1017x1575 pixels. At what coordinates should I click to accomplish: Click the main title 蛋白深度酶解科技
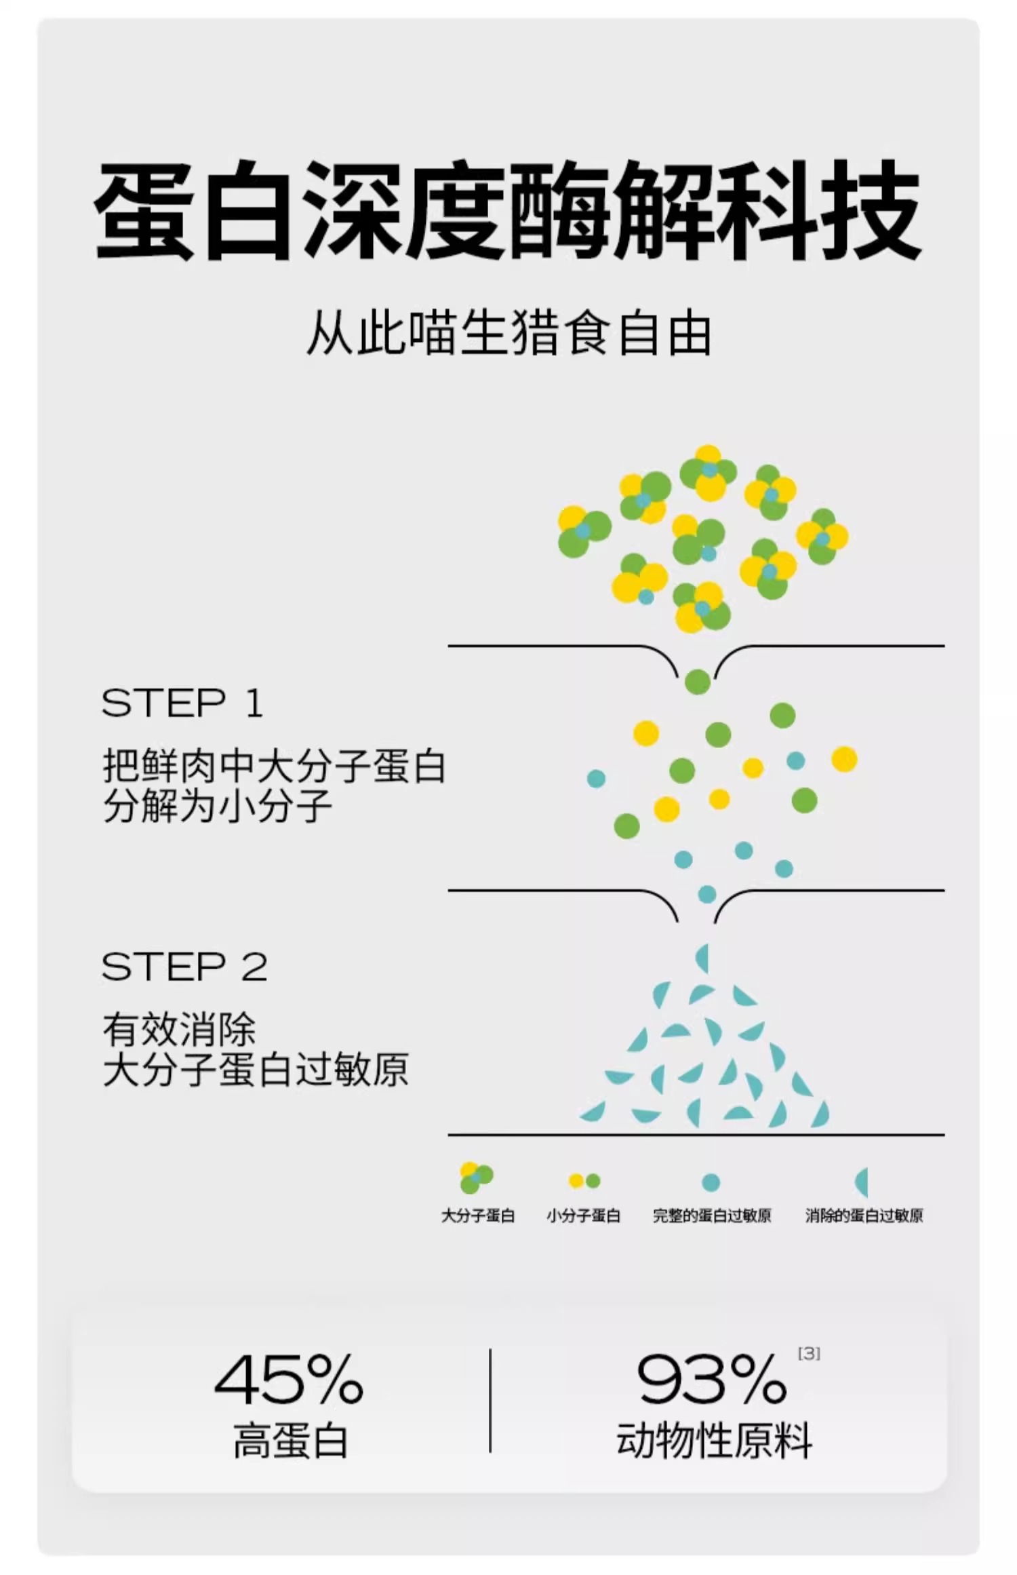508,211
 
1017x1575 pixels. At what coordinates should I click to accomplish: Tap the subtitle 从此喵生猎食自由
509,334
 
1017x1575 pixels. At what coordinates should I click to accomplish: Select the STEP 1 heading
182,703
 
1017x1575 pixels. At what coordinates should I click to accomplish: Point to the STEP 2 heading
184,967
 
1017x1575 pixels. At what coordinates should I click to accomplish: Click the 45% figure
290,1378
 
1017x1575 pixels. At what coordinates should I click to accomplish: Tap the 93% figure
712,1378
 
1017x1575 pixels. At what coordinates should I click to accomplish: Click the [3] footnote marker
809,1353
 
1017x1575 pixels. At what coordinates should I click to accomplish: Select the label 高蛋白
290,1441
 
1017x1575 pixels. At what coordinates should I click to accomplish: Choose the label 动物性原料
714,1441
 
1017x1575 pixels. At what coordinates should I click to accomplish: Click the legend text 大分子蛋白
478,1216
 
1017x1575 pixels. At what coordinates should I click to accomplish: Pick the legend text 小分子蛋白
584,1216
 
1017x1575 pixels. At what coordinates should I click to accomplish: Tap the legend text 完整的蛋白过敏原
712,1216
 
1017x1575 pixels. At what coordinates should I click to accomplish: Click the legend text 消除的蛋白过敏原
864,1216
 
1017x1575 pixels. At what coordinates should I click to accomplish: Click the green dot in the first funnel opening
698,682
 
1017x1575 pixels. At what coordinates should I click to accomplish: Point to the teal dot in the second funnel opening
707,894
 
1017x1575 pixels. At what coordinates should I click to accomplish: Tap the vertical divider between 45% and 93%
490,1400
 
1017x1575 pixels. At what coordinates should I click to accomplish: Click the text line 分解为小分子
218,806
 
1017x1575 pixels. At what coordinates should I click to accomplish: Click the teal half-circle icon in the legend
862,1182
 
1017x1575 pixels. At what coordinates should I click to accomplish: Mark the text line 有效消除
179,1030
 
